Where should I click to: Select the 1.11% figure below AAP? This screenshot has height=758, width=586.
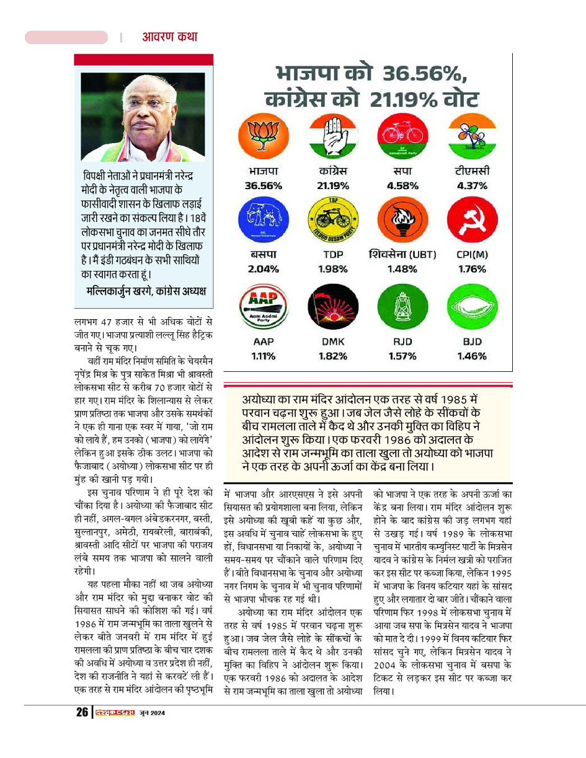coord(264,356)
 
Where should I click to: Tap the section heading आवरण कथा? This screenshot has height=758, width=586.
coord(170,37)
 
